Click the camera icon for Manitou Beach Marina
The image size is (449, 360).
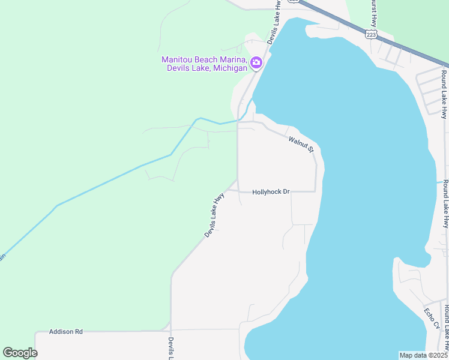pos(256,62)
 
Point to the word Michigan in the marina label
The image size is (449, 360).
pos(229,68)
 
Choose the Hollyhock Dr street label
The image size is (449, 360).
pos(271,192)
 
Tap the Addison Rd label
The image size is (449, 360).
pos(65,331)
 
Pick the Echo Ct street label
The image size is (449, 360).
pos(432,319)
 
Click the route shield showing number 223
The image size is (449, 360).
pos(372,33)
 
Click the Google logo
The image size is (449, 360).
pos(20,353)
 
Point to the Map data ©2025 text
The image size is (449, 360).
pos(423,355)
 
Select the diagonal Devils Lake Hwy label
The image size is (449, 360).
pos(214,215)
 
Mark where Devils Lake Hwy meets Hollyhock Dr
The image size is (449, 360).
pos(238,191)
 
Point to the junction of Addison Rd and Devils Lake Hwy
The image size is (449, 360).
pos(171,330)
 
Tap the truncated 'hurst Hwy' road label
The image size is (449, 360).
pos(373,8)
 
